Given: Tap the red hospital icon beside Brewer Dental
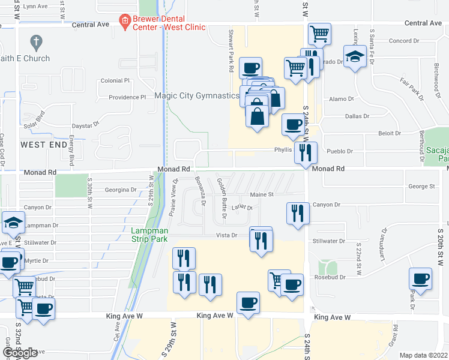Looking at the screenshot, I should [125, 22].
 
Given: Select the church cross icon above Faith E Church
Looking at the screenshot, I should [36, 42].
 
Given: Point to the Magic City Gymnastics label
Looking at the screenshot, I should [197, 96].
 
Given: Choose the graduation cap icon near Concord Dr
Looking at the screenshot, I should [356, 56].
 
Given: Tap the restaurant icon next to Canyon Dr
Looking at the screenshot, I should [298, 213].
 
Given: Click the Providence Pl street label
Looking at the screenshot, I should [127, 97].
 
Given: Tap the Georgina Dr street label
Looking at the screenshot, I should [121, 190].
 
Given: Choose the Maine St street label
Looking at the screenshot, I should [262, 194].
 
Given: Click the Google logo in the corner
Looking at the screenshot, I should [20, 353].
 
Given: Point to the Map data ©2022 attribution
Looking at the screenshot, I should [423, 355].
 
